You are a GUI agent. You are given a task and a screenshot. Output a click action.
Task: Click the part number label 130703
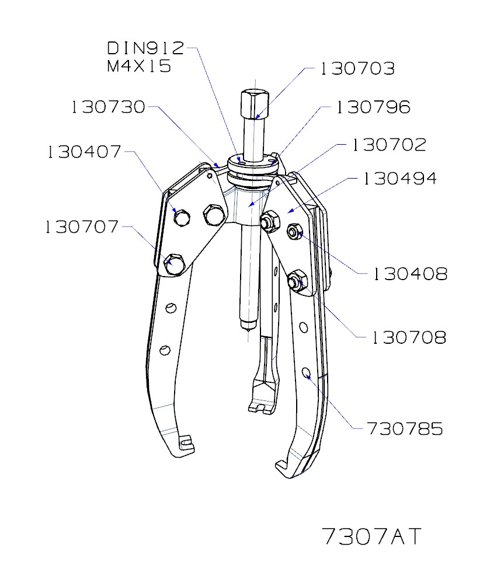pyautogui.click(x=357, y=69)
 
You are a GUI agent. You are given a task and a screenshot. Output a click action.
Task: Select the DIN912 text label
pyautogui.click(x=145, y=48)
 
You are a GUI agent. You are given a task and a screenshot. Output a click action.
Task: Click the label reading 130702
pyautogui.click(x=388, y=145)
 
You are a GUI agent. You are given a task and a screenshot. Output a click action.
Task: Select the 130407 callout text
pyautogui.click(x=84, y=152)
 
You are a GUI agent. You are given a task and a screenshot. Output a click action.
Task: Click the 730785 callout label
pyautogui.click(x=405, y=429)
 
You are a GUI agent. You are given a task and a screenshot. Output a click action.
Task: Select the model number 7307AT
pyautogui.click(x=371, y=536)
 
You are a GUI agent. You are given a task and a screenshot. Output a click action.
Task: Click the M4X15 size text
pyautogui.click(x=138, y=66)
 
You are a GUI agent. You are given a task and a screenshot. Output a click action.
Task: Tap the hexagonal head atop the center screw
pyautogui.click(x=253, y=104)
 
